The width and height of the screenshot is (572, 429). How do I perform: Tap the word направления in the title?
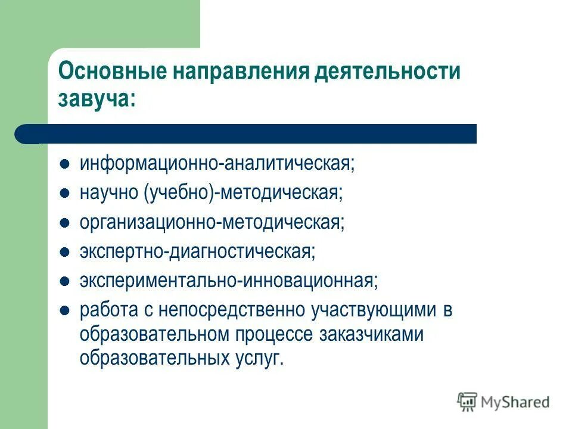click(x=241, y=71)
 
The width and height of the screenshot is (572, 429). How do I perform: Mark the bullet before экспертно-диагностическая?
click(x=66, y=251)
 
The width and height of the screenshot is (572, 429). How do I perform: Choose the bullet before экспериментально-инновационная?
click(x=66, y=281)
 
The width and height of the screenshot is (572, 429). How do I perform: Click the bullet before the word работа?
click(x=66, y=310)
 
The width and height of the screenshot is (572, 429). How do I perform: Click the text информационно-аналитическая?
click(x=217, y=163)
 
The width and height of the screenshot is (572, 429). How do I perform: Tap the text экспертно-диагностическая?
click(x=198, y=251)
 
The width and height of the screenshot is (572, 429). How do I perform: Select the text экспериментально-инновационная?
click(x=229, y=281)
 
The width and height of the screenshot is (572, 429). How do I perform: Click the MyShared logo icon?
click(x=467, y=402)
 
